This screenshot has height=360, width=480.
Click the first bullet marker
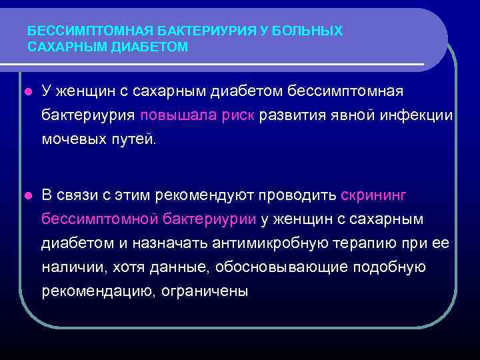coord(27,89)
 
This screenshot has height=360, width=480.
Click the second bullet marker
coord(27,195)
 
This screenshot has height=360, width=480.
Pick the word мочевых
coord(73,139)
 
